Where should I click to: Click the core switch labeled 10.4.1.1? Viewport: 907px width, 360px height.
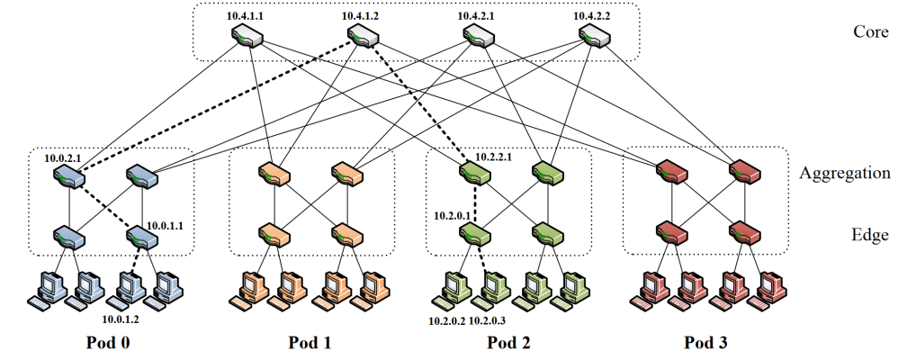coord(247,37)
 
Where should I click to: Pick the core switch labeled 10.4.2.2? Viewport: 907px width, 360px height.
coord(595,37)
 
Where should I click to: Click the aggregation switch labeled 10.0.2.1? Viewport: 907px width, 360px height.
coord(69,175)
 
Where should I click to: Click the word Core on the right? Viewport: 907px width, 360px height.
coord(869,32)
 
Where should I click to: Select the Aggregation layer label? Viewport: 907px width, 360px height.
coord(845,173)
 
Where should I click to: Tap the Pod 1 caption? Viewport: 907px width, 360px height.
coord(311,343)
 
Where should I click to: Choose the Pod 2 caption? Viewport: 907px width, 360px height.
coord(508,343)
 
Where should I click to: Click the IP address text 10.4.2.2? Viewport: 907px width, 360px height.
coord(593,16)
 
